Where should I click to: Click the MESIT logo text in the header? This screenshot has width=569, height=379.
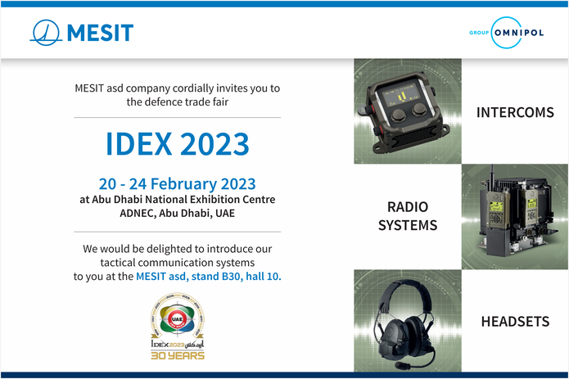coord(100,33)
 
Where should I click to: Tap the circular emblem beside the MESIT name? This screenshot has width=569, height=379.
coord(45,33)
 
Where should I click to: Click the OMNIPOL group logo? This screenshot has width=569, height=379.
coord(507,33)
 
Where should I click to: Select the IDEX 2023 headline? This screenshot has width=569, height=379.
coord(178,144)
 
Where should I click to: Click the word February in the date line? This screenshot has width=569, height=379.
coord(184,184)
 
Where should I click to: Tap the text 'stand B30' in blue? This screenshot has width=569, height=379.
coord(215,277)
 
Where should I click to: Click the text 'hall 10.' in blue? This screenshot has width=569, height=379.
coord(264,277)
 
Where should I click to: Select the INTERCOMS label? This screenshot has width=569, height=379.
coord(515,112)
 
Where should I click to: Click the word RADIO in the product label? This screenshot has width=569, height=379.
coord(408,207)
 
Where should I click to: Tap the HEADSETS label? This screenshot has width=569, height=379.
coord(515,322)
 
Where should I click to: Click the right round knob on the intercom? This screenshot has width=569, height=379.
coord(419,109)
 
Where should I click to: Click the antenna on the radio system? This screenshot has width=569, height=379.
coord(492,177)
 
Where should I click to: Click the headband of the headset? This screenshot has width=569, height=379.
coord(406,289)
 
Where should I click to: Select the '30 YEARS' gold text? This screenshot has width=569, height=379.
coord(178,355)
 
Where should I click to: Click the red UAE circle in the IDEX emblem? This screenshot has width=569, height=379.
coord(177,319)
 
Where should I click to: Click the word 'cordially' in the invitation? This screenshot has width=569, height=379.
coord(193,88)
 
